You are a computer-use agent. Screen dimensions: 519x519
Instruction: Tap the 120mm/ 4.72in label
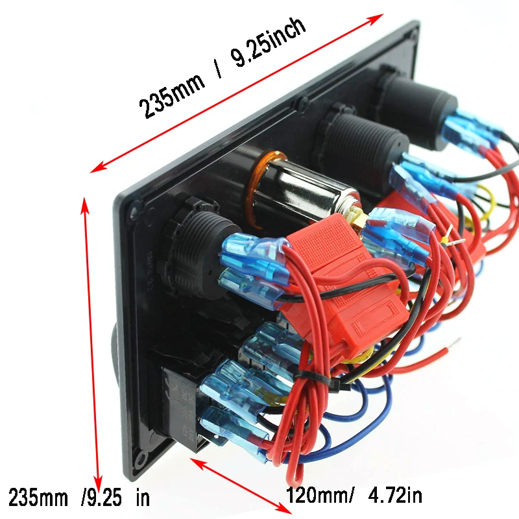(354, 496)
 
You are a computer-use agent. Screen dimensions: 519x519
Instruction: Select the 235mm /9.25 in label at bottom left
(78, 497)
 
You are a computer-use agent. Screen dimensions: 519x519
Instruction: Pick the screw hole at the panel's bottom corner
(141, 459)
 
